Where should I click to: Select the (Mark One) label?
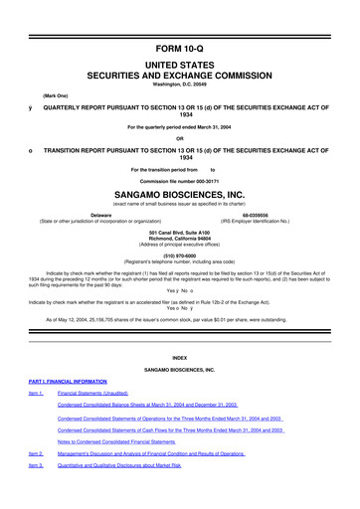coord(57,99)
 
